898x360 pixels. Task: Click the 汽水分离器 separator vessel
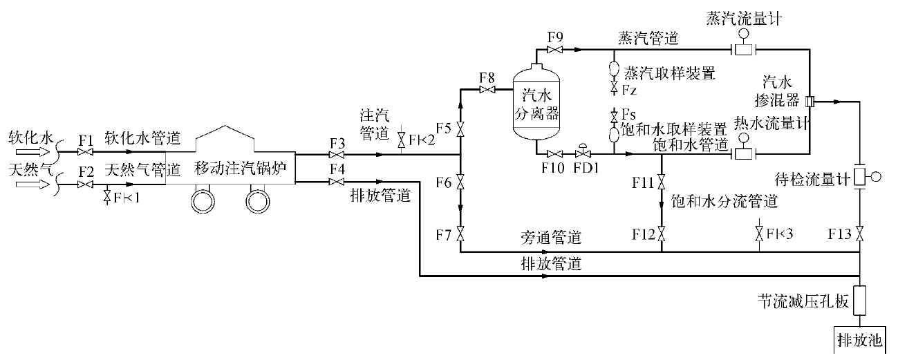click(x=536, y=104)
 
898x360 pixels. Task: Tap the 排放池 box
click(x=859, y=341)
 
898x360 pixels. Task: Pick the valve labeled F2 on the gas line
click(x=86, y=184)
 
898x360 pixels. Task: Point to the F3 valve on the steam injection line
click(x=337, y=155)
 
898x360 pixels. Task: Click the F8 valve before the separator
click(x=488, y=90)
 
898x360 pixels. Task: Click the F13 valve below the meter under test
click(x=859, y=234)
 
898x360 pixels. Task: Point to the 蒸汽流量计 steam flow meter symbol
click(x=743, y=47)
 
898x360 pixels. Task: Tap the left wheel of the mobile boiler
click(x=205, y=201)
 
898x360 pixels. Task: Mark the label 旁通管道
click(x=551, y=238)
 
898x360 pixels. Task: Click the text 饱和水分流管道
click(x=724, y=202)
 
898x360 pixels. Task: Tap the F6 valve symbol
click(x=460, y=182)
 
